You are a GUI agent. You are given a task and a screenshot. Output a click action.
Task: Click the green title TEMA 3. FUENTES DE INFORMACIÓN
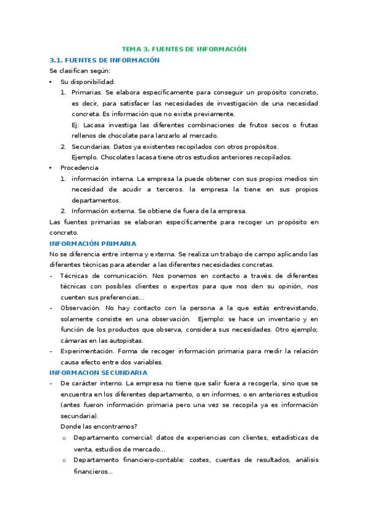coord(183,48)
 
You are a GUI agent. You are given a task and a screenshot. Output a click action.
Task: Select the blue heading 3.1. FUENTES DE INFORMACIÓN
coord(104,60)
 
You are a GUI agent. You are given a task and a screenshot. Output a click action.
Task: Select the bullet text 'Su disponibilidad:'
coord(88,82)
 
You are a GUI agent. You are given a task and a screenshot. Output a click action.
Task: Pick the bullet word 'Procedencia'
coord(79,167)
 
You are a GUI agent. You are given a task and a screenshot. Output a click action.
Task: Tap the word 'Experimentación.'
coord(86,351)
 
